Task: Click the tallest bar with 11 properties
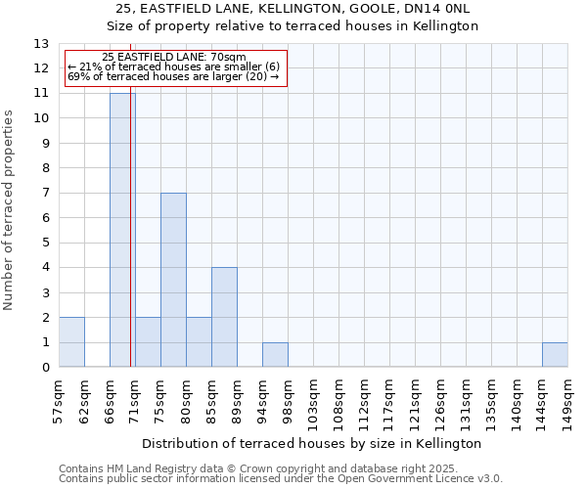pyautogui.click(x=122, y=230)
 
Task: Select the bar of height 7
pyautogui.click(x=173, y=280)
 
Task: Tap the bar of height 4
pyautogui.click(x=224, y=317)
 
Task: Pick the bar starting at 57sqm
pyautogui.click(x=71, y=342)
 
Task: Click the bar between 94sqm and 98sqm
pyautogui.click(x=275, y=355)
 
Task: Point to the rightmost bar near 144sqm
pyautogui.click(x=555, y=355)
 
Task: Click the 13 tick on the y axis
pyautogui.click(x=41, y=44)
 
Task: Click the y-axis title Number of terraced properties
pyautogui.click(x=10, y=210)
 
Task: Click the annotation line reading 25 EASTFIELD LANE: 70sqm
pyautogui.click(x=174, y=58)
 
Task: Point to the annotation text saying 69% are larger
pyautogui.click(x=174, y=76)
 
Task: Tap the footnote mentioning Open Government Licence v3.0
pyautogui.click(x=281, y=479)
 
